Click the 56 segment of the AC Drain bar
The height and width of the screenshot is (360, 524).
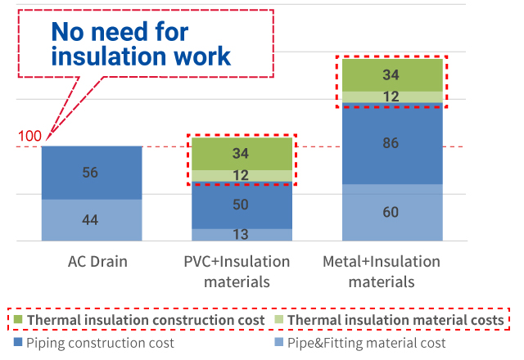92,173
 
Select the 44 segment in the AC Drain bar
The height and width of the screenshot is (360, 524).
92,220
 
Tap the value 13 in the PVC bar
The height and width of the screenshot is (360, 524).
241,235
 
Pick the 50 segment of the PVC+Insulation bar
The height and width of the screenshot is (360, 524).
242,205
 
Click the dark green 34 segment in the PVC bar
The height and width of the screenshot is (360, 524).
242,154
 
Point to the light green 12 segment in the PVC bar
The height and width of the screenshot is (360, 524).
242,176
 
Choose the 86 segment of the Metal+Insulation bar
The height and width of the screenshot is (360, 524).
392,143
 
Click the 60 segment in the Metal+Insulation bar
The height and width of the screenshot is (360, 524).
392,213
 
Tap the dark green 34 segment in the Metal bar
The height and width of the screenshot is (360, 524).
392,75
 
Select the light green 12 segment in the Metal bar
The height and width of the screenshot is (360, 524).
392,97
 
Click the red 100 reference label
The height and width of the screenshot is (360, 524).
29,137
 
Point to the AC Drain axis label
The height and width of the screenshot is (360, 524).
97,262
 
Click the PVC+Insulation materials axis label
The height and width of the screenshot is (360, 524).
237,272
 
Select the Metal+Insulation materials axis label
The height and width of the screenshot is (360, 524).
382,272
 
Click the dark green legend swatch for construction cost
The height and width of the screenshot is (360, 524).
18,320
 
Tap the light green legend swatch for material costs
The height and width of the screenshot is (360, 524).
278,320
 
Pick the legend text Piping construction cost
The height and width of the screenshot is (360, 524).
100,343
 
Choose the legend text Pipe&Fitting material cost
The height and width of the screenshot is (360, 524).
367,343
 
